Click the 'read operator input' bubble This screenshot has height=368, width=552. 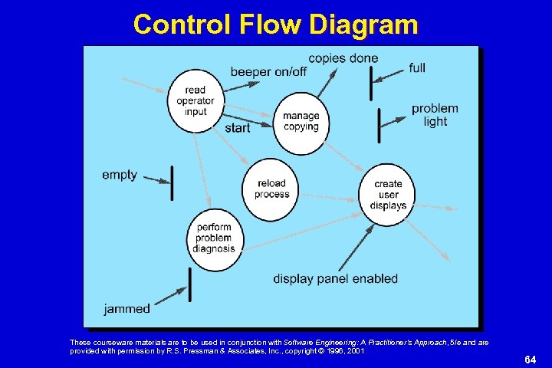click(x=195, y=100)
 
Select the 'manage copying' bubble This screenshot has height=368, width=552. click(x=301, y=121)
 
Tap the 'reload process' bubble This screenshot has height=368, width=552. click(x=272, y=189)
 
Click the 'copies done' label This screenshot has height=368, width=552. click(x=343, y=58)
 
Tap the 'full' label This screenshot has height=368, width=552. click(x=417, y=68)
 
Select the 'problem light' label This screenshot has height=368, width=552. click(x=435, y=115)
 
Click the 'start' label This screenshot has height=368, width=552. click(x=238, y=128)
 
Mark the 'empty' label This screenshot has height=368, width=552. click(x=120, y=175)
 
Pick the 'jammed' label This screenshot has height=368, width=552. click(x=127, y=309)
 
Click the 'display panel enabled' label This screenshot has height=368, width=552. click(x=336, y=278)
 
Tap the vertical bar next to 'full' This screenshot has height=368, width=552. click(x=371, y=83)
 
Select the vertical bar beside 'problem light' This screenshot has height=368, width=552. click(x=379, y=125)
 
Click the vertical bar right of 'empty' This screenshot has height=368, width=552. click(x=172, y=182)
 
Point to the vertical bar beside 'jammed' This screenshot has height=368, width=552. click(x=189, y=284)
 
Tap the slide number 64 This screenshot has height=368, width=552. click(x=530, y=360)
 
